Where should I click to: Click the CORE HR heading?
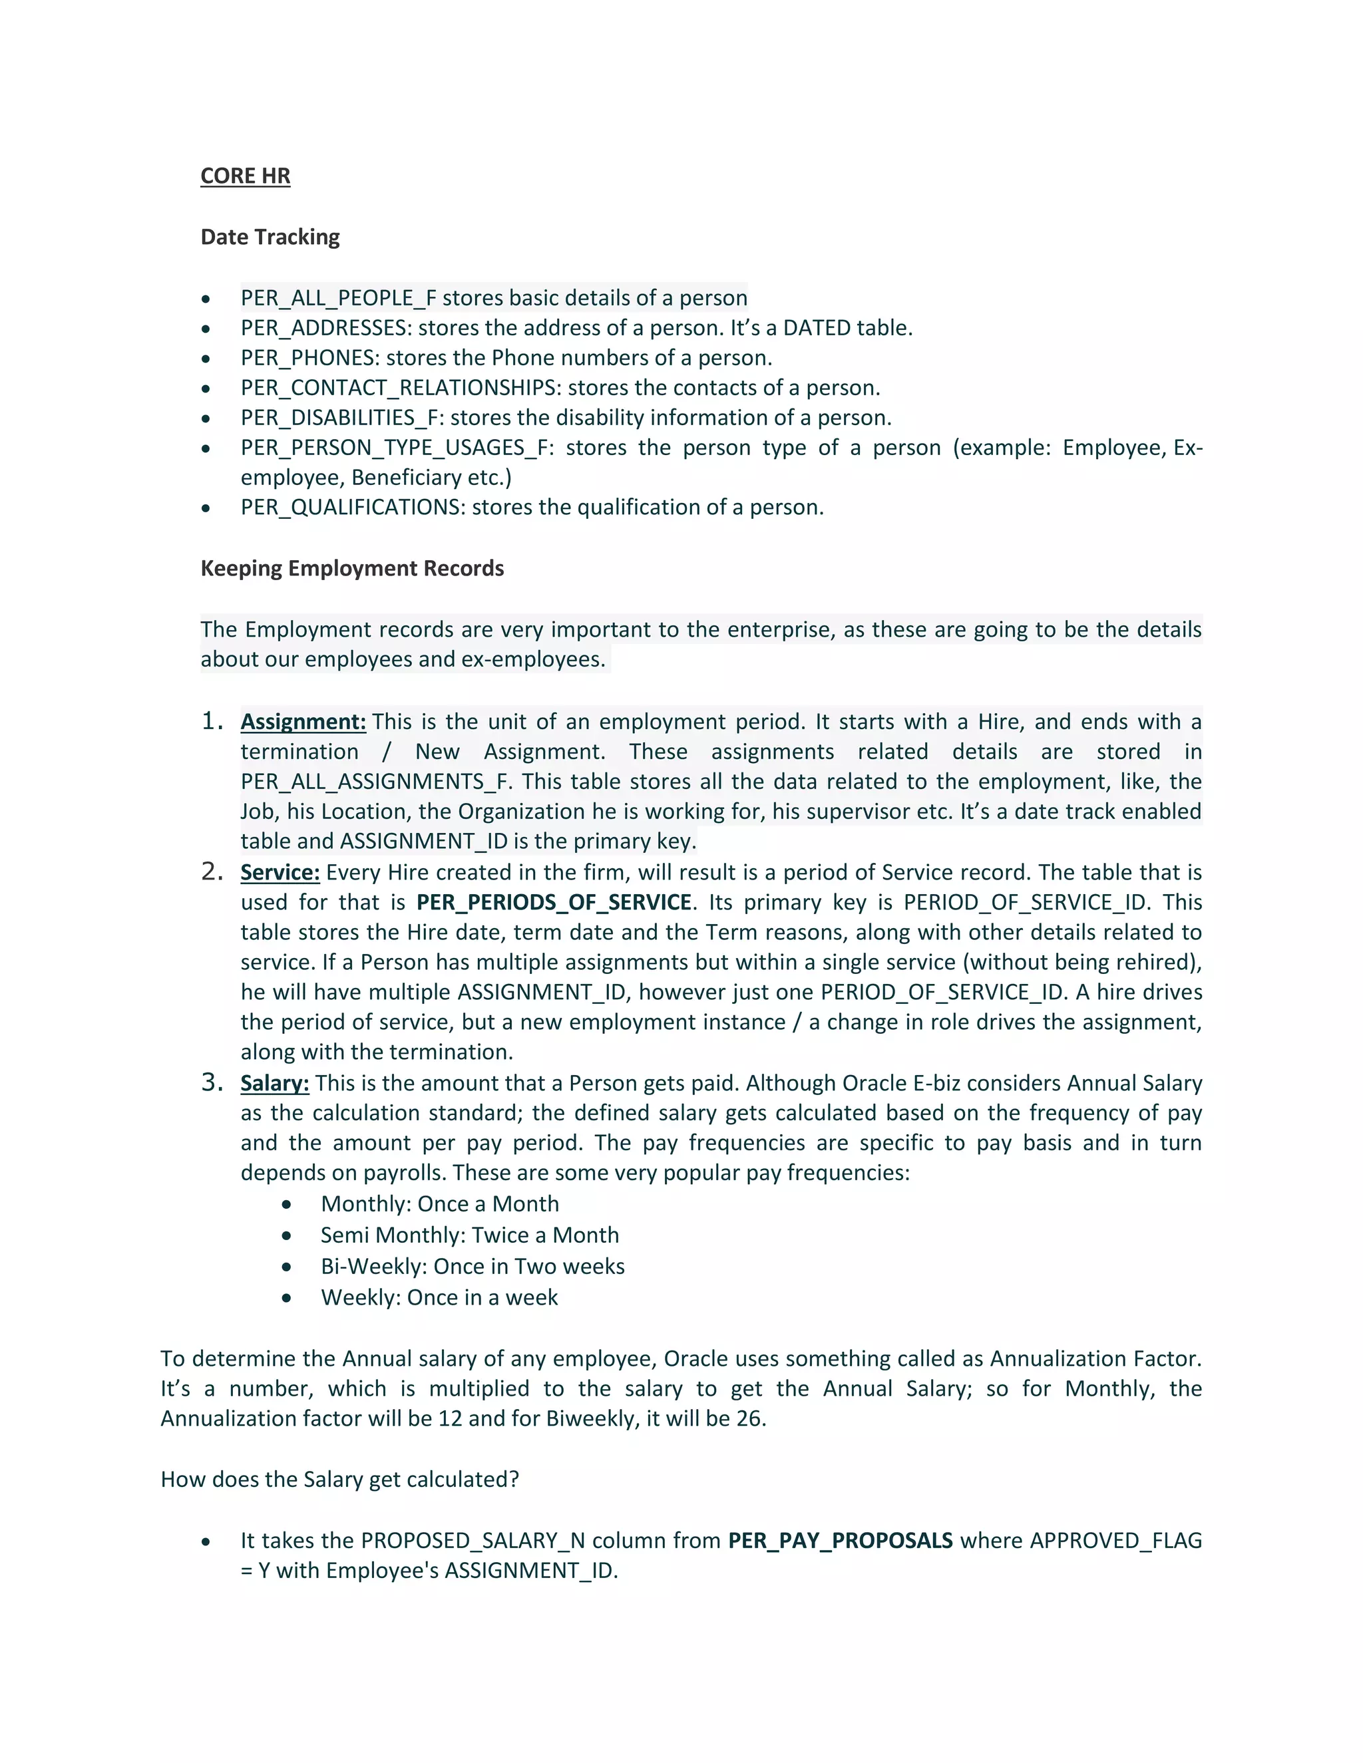tap(245, 176)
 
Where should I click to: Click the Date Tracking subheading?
tap(270, 238)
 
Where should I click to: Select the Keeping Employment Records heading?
tap(351, 568)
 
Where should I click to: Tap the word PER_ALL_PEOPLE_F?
tap(338, 299)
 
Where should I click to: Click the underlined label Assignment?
tap(303, 722)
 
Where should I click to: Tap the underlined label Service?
tap(280, 873)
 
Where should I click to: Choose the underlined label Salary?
tap(275, 1083)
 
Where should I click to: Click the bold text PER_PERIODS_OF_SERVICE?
tap(553, 903)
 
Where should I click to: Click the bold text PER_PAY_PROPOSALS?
tap(840, 1541)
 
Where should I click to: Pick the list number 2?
tap(211, 872)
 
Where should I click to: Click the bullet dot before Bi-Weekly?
tap(287, 1267)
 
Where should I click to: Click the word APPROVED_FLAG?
tap(1115, 1541)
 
